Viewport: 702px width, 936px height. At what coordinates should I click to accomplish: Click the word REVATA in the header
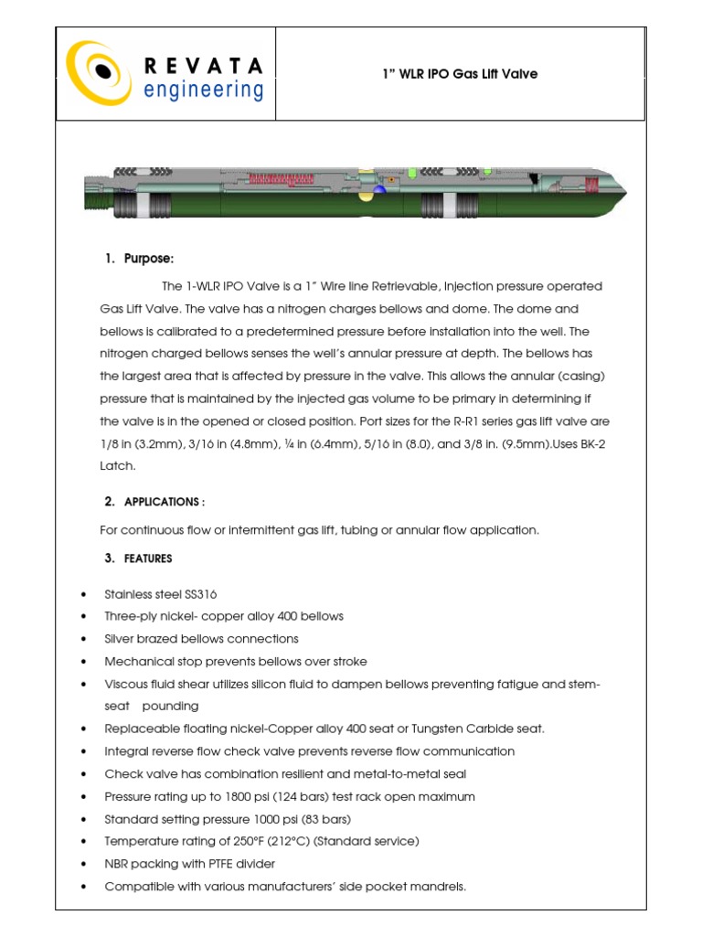[203, 65]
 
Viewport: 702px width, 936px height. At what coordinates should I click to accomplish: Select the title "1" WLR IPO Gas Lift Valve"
[459, 74]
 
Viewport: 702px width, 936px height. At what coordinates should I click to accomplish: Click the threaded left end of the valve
[96, 191]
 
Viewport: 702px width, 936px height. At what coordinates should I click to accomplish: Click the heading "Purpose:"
[148, 259]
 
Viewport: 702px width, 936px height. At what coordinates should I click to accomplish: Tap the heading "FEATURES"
[148, 558]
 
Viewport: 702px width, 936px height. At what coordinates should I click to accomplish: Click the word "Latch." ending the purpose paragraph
[117, 466]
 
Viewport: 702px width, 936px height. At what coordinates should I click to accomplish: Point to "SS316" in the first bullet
[198, 594]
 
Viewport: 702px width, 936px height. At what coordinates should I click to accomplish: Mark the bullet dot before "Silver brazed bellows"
[84, 639]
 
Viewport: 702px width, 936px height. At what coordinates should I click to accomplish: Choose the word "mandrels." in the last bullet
[440, 887]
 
